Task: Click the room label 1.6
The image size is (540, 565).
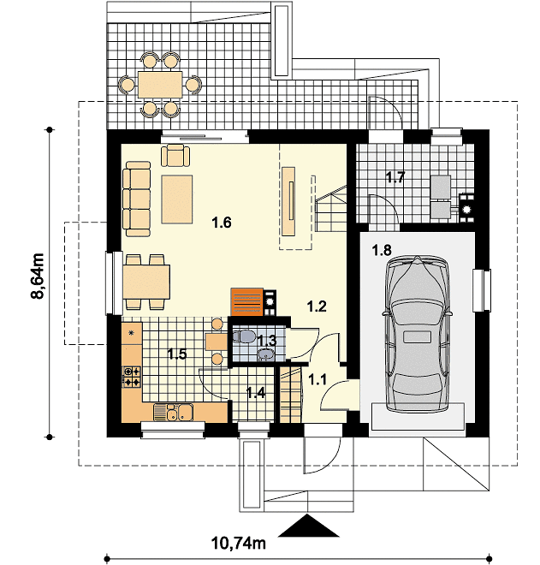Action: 221,223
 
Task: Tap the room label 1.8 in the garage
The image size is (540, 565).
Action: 382,250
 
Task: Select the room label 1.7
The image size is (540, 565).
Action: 395,177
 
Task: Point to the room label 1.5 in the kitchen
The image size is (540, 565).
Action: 177,354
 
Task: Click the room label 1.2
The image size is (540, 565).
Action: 317,306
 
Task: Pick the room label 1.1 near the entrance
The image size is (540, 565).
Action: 317,379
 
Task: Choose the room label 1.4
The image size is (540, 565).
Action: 256,392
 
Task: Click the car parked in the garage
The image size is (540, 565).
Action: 418,335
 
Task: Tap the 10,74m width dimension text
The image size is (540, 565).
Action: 238,543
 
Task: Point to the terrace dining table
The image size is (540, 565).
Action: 160,85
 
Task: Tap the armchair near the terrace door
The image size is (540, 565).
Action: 175,155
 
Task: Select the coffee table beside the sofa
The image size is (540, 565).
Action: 177,199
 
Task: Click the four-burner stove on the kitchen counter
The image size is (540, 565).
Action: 132,377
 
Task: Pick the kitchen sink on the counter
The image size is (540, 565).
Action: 173,413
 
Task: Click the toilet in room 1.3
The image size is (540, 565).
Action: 243,336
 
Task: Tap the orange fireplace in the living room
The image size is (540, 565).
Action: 247,303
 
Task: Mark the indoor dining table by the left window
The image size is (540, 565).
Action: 146,282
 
